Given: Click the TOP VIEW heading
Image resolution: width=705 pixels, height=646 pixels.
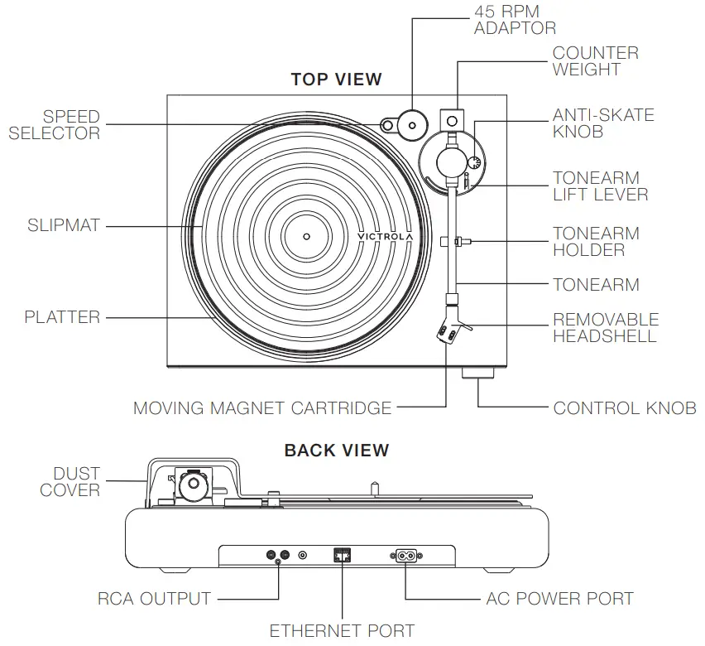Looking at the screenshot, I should (336, 80).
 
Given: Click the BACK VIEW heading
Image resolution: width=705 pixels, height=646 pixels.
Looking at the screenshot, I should (336, 451).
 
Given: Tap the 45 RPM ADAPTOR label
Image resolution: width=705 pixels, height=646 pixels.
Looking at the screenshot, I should (515, 20).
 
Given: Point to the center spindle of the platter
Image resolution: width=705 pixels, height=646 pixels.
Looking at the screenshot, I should (305, 236).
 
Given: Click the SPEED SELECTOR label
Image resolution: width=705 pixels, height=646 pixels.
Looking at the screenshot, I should (55, 125).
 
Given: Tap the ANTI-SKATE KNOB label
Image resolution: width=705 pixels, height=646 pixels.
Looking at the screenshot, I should (603, 123).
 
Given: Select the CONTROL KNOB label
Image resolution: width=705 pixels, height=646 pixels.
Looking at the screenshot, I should (625, 408).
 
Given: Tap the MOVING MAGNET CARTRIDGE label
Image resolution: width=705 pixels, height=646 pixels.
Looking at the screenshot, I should (262, 408).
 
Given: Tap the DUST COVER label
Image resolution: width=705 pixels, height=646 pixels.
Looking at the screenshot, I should (70, 482).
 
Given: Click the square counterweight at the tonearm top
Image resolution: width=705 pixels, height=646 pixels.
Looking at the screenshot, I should (451, 121).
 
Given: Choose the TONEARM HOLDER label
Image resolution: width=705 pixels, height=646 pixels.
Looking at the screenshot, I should (596, 242).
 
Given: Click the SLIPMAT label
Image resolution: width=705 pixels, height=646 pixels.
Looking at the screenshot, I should (63, 225).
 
